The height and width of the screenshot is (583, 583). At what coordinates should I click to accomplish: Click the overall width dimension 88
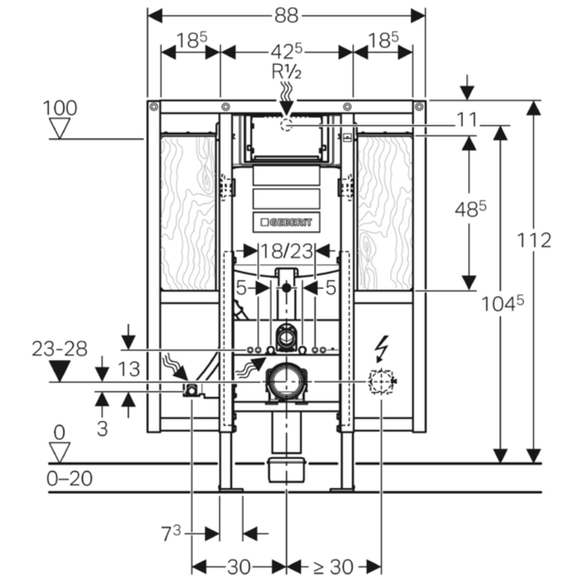pos(286,16)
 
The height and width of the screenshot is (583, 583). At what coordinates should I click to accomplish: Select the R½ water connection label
pos(286,72)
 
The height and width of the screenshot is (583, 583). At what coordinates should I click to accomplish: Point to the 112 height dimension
pos(534,240)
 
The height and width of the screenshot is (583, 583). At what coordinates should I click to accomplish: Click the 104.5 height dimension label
pos(502,304)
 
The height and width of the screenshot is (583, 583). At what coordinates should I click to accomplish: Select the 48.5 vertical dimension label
pos(470,210)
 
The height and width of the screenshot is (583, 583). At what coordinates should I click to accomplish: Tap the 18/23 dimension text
pos(286,251)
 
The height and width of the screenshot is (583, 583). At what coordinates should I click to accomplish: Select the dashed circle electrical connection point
pos(380,382)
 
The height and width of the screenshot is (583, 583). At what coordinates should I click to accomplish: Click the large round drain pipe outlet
pos(286,382)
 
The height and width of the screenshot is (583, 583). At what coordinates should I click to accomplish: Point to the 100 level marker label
pos(60,108)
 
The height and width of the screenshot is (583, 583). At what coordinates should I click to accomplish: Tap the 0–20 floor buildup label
pos(70,478)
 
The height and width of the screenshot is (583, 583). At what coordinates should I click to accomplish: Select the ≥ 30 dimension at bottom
pos(333,567)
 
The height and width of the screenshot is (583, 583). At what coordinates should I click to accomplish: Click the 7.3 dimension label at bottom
pos(171,534)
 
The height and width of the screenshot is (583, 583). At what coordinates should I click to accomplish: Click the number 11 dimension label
pos(466,120)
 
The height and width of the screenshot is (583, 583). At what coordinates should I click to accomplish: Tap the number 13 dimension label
pos(129,369)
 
